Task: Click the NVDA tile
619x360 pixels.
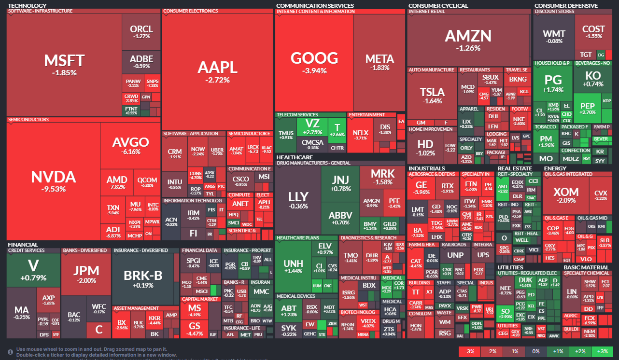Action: pyautogui.click(x=53, y=180)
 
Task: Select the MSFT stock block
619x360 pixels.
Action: pyautogui.click(x=64, y=65)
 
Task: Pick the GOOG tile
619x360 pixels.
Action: pyautogui.click(x=314, y=63)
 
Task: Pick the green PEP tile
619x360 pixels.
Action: pyautogui.click(x=587, y=109)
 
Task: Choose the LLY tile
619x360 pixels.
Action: pyautogui.click(x=297, y=200)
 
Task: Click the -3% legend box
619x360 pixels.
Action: pyautogui.click(x=469, y=351)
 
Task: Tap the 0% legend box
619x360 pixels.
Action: pyautogui.click(x=535, y=351)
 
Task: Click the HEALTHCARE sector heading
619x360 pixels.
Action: pyautogui.click(x=294, y=157)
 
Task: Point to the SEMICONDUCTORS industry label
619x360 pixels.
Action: pyautogui.click(x=28, y=119)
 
